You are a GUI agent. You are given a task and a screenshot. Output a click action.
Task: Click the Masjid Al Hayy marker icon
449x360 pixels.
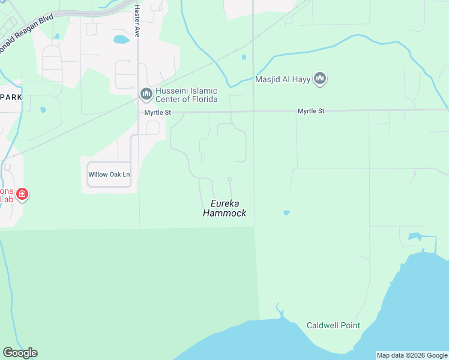click(320, 79)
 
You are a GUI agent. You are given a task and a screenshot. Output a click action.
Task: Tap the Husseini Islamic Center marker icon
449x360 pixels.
click(146, 94)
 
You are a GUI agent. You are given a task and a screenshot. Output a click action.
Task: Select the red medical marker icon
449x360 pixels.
click(22, 194)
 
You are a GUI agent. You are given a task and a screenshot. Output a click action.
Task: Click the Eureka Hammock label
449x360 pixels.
click(224, 208)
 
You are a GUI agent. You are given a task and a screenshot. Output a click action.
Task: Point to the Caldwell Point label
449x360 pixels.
click(333, 326)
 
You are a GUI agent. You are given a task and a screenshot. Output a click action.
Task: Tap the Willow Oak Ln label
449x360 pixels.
click(109, 175)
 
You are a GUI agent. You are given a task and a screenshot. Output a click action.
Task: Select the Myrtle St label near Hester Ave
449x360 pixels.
click(158, 112)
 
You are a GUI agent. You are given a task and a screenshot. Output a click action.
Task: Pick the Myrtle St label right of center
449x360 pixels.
click(311, 112)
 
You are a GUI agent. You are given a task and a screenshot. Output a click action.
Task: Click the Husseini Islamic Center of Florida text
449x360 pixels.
click(186, 95)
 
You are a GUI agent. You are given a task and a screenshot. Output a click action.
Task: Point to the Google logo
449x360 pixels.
click(20, 353)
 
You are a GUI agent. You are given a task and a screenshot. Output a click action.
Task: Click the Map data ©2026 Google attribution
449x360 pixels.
click(412, 355)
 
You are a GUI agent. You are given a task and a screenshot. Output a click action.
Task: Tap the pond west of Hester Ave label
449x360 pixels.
click(121, 40)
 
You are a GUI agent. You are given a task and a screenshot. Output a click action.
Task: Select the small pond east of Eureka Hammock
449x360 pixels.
click(286, 212)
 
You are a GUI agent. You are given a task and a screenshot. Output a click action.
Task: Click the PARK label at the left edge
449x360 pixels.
click(10, 97)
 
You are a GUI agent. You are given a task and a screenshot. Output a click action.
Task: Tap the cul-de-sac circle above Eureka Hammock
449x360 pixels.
click(229, 179)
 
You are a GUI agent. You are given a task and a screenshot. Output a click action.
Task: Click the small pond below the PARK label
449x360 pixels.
click(43, 110)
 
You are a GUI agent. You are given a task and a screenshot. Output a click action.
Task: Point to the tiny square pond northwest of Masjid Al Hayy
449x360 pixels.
click(244, 58)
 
